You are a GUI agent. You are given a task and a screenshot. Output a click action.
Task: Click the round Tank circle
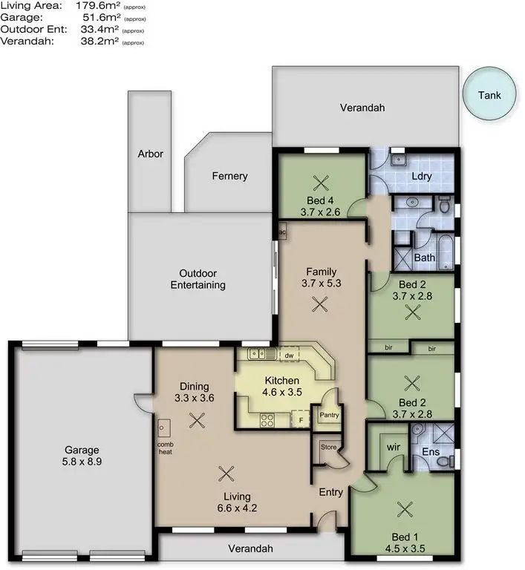click(489, 94)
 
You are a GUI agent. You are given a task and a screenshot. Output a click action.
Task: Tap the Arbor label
click(150, 154)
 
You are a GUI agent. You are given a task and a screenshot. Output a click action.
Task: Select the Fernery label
click(229, 176)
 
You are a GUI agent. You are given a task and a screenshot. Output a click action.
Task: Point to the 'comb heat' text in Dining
click(165, 448)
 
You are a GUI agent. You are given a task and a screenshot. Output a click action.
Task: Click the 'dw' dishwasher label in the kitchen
click(289, 356)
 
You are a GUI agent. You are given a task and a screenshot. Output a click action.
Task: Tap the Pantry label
click(328, 416)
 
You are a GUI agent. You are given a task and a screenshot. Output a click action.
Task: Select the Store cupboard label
click(328, 448)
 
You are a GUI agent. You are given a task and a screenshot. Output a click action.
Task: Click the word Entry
click(330, 492)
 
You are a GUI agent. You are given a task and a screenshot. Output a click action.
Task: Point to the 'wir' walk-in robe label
click(394, 448)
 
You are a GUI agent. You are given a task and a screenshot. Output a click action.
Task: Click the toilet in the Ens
click(444, 460)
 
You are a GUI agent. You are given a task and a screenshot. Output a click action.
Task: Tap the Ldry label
click(422, 176)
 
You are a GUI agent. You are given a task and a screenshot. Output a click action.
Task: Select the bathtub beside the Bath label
click(445, 253)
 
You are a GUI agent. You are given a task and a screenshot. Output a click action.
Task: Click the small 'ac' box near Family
click(282, 232)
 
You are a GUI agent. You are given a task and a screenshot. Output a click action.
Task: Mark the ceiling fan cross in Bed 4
click(320, 183)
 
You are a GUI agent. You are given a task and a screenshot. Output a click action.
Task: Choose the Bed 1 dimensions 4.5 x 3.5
click(405, 551)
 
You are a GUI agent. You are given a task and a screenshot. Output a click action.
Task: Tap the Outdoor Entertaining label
click(198, 278)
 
